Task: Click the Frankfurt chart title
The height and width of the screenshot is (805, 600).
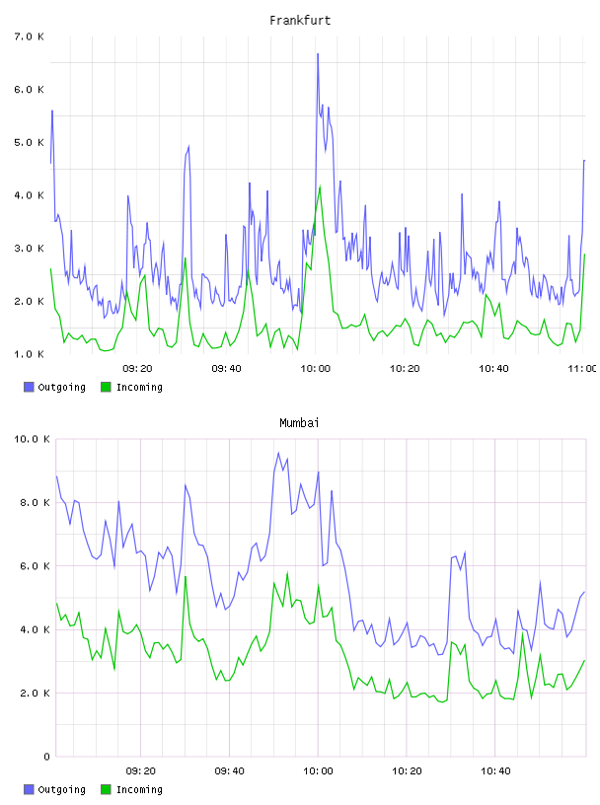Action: coord(300,21)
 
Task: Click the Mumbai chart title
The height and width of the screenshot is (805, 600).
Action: coord(299,423)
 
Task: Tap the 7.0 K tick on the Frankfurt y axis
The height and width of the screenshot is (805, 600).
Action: coord(30,37)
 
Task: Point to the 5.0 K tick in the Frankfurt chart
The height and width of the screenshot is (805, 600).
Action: coord(30,142)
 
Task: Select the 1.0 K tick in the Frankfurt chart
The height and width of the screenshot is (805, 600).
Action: coord(30,354)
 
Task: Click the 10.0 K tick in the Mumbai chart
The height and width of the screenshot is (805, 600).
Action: coord(32,439)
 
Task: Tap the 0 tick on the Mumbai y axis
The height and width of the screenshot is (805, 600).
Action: coord(46,757)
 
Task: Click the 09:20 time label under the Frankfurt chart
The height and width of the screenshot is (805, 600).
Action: coord(137,369)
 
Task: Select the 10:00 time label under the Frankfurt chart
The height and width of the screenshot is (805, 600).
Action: coord(316,369)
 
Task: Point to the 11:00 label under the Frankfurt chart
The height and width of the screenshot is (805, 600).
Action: coord(582,369)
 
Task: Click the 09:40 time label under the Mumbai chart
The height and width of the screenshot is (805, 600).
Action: coord(229,771)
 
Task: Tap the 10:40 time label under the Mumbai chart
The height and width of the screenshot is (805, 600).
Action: coord(495,771)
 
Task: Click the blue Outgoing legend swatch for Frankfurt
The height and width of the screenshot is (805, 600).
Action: coord(29,387)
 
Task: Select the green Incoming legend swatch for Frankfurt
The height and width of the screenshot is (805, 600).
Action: coord(106,387)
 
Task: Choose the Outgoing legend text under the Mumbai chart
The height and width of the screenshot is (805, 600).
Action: coord(61,789)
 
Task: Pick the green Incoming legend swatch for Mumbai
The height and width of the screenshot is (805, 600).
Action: coord(106,789)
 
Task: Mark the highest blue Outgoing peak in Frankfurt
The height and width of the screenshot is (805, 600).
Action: coord(318,53)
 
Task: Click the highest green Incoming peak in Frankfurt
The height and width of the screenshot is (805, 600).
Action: coord(320,186)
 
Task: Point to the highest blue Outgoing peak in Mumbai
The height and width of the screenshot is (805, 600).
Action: coord(278,453)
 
